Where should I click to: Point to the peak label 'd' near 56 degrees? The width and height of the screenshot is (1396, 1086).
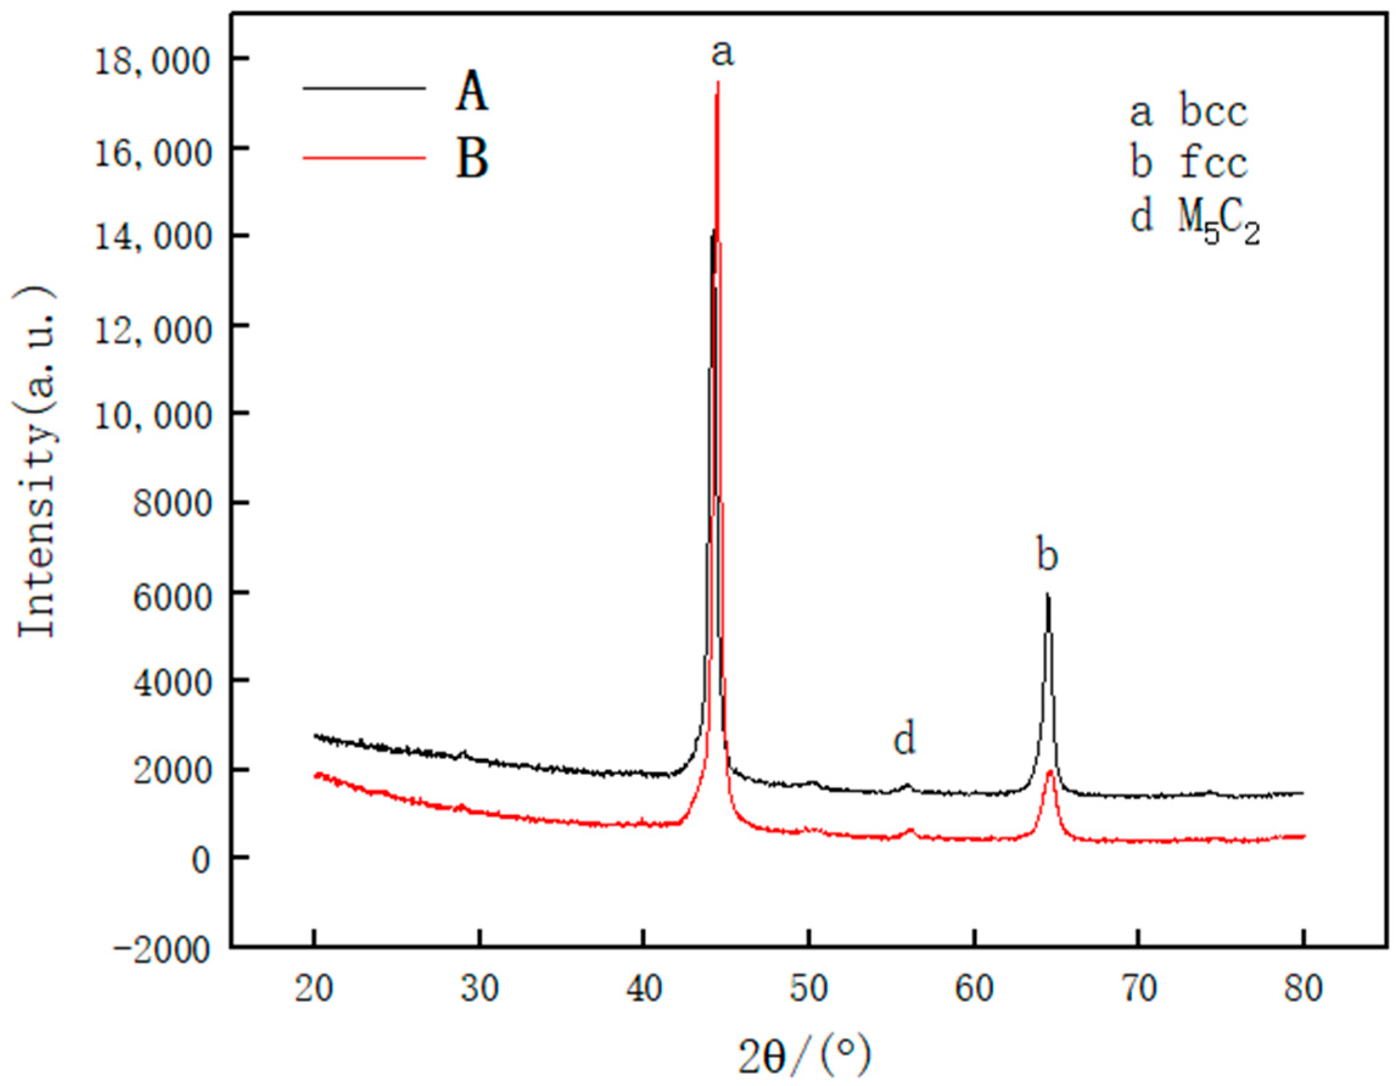(904, 740)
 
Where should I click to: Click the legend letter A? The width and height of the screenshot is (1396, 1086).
(472, 91)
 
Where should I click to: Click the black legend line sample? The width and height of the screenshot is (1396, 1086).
(364, 88)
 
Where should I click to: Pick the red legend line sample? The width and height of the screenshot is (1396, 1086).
(364, 156)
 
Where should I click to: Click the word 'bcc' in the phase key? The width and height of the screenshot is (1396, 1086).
(1213, 113)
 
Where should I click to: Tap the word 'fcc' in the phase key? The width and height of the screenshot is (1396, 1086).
(1213, 163)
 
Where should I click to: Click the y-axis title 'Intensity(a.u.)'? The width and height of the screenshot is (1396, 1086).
(36, 462)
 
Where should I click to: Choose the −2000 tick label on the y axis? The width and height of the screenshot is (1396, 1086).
(161, 951)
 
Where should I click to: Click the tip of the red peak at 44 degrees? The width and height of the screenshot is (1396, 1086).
(718, 82)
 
